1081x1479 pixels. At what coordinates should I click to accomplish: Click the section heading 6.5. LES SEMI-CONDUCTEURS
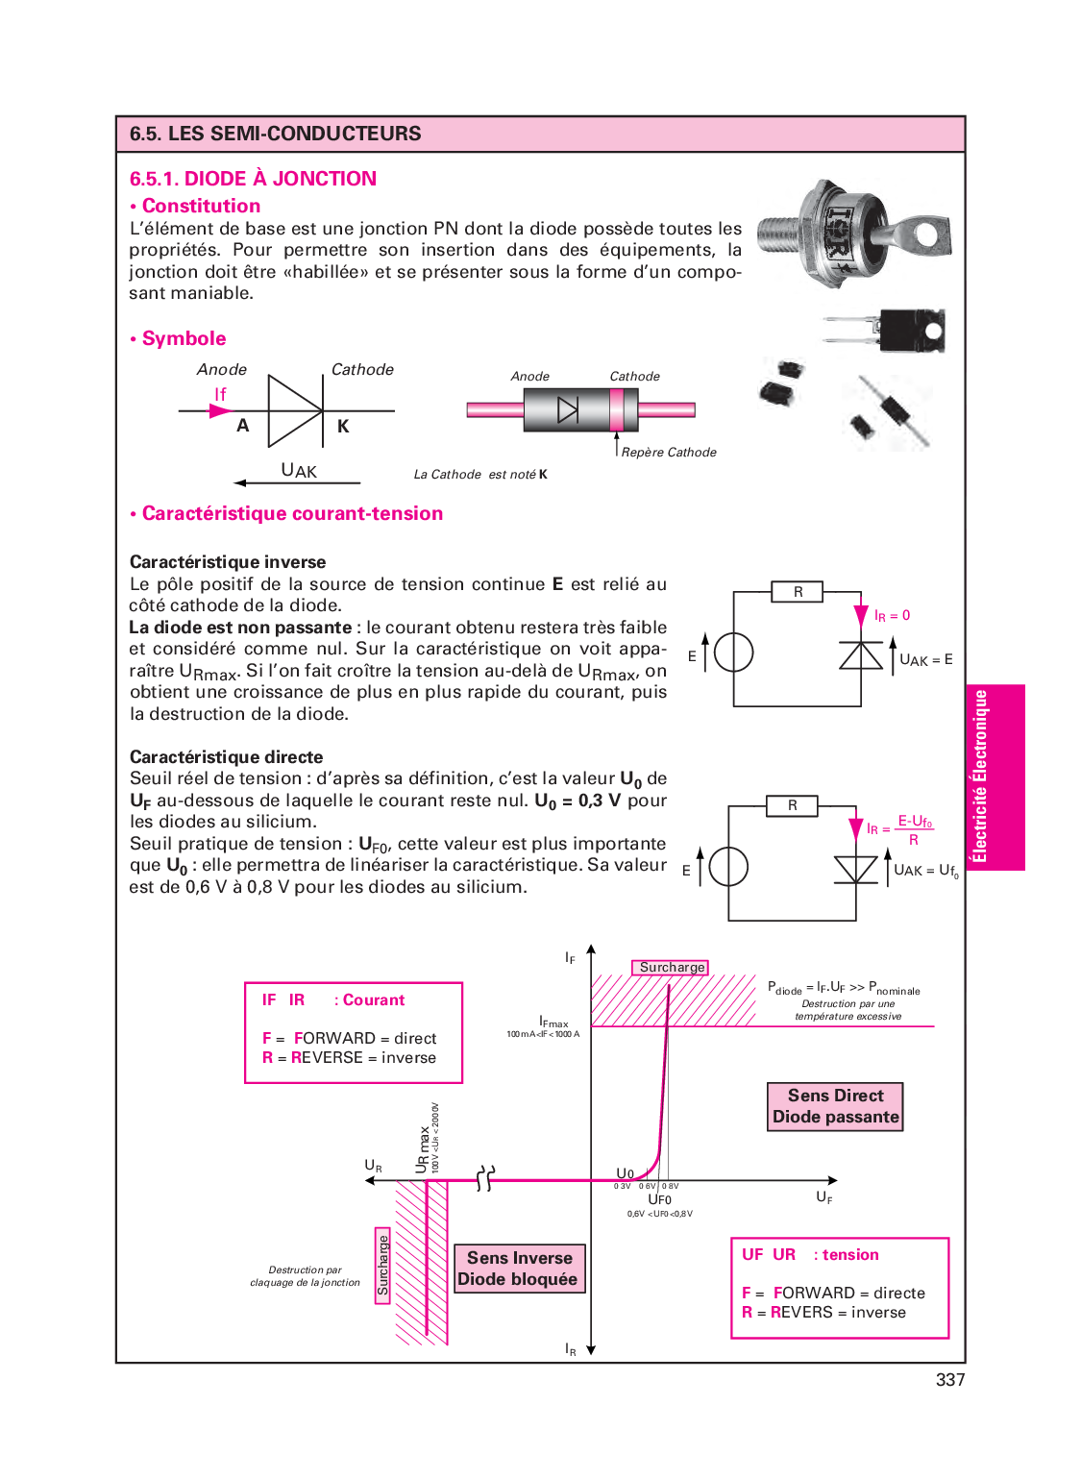tap(276, 134)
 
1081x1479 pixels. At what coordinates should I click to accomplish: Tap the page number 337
tap(949, 1380)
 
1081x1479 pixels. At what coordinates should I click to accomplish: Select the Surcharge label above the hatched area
tap(671, 968)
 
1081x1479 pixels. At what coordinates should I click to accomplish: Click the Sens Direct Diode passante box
tap(835, 1106)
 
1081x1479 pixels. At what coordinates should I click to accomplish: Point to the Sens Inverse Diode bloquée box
tap(519, 1269)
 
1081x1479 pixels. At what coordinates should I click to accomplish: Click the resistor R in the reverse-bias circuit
tap(798, 592)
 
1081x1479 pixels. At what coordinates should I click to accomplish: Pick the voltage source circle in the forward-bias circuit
tap(727, 867)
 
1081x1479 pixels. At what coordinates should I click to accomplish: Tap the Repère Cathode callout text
tap(669, 453)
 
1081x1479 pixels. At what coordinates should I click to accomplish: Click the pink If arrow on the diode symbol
tap(220, 410)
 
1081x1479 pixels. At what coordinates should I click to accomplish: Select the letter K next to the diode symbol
tap(343, 427)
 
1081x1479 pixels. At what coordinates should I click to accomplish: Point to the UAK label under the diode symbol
tap(299, 471)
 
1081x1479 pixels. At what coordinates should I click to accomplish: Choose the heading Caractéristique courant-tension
tap(292, 514)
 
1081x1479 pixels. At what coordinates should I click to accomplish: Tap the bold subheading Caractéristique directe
tap(226, 757)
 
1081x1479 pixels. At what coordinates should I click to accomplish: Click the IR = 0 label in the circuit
tap(892, 616)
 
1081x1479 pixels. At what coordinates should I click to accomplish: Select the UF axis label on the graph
tap(824, 1197)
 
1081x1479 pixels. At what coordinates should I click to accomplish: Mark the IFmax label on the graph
tap(553, 1023)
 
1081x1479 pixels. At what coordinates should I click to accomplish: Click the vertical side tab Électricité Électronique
tap(980, 776)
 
